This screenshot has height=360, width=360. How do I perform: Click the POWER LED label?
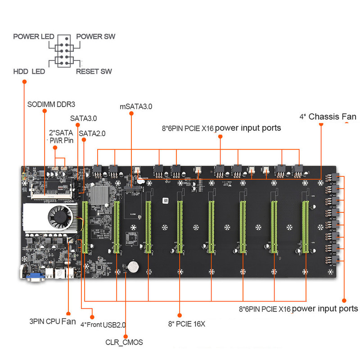(x=34, y=36)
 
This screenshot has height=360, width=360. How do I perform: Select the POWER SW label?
(x=95, y=36)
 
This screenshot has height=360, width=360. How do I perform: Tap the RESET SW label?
(x=94, y=71)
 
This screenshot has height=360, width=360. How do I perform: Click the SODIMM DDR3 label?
(x=51, y=103)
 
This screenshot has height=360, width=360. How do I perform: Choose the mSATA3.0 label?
(x=136, y=107)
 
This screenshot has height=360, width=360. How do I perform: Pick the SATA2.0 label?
(x=92, y=133)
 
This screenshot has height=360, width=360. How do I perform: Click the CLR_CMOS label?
(x=124, y=342)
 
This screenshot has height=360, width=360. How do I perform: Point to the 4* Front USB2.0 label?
(x=103, y=324)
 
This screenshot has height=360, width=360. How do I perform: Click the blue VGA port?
(x=33, y=276)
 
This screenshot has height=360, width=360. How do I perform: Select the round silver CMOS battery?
(x=133, y=266)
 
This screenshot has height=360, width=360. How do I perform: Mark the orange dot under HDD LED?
(x=24, y=81)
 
